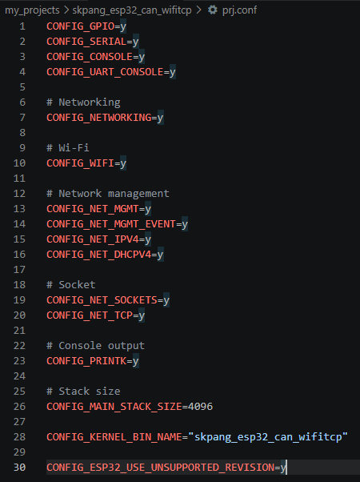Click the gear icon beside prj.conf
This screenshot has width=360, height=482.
(213, 10)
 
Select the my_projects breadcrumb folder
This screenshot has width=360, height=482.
(32, 10)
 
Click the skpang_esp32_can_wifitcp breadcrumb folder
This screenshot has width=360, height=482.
(132, 10)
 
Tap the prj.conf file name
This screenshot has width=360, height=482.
(239, 10)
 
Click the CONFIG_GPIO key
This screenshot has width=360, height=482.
(81, 26)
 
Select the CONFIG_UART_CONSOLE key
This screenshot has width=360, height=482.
(105, 72)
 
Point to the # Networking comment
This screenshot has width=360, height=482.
(83, 102)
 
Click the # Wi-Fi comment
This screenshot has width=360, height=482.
(68, 148)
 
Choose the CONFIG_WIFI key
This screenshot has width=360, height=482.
(81, 163)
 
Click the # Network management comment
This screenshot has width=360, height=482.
(108, 194)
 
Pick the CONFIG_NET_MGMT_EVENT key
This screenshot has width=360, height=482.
(111, 224)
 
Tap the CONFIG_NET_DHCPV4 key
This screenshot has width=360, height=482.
(99, 255)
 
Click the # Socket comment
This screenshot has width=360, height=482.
(71, 285)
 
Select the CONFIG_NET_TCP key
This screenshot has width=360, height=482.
(90, 315)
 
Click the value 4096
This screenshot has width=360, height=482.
(200, 407)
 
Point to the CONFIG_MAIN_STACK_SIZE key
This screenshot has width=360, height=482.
(114, 407)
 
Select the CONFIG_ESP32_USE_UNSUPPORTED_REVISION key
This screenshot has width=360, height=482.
(160, 468)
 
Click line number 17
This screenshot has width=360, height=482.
(19, 270)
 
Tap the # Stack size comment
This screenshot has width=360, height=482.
(83, 392)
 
